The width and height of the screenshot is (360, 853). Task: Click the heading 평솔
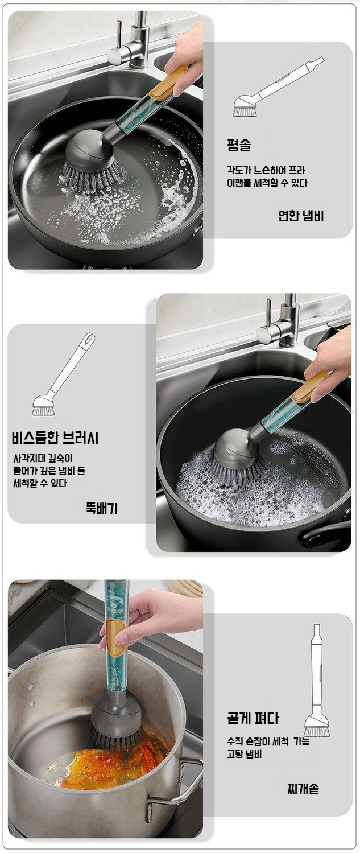click(239, 145)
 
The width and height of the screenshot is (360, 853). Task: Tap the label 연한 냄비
click(301, 216)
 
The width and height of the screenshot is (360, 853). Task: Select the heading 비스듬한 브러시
click(55, 438)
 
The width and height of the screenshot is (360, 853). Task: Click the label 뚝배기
click(102, 508)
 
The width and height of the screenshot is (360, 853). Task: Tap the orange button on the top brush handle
click(167, 83)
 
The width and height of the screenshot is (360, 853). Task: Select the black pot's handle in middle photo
click(326, 535)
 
